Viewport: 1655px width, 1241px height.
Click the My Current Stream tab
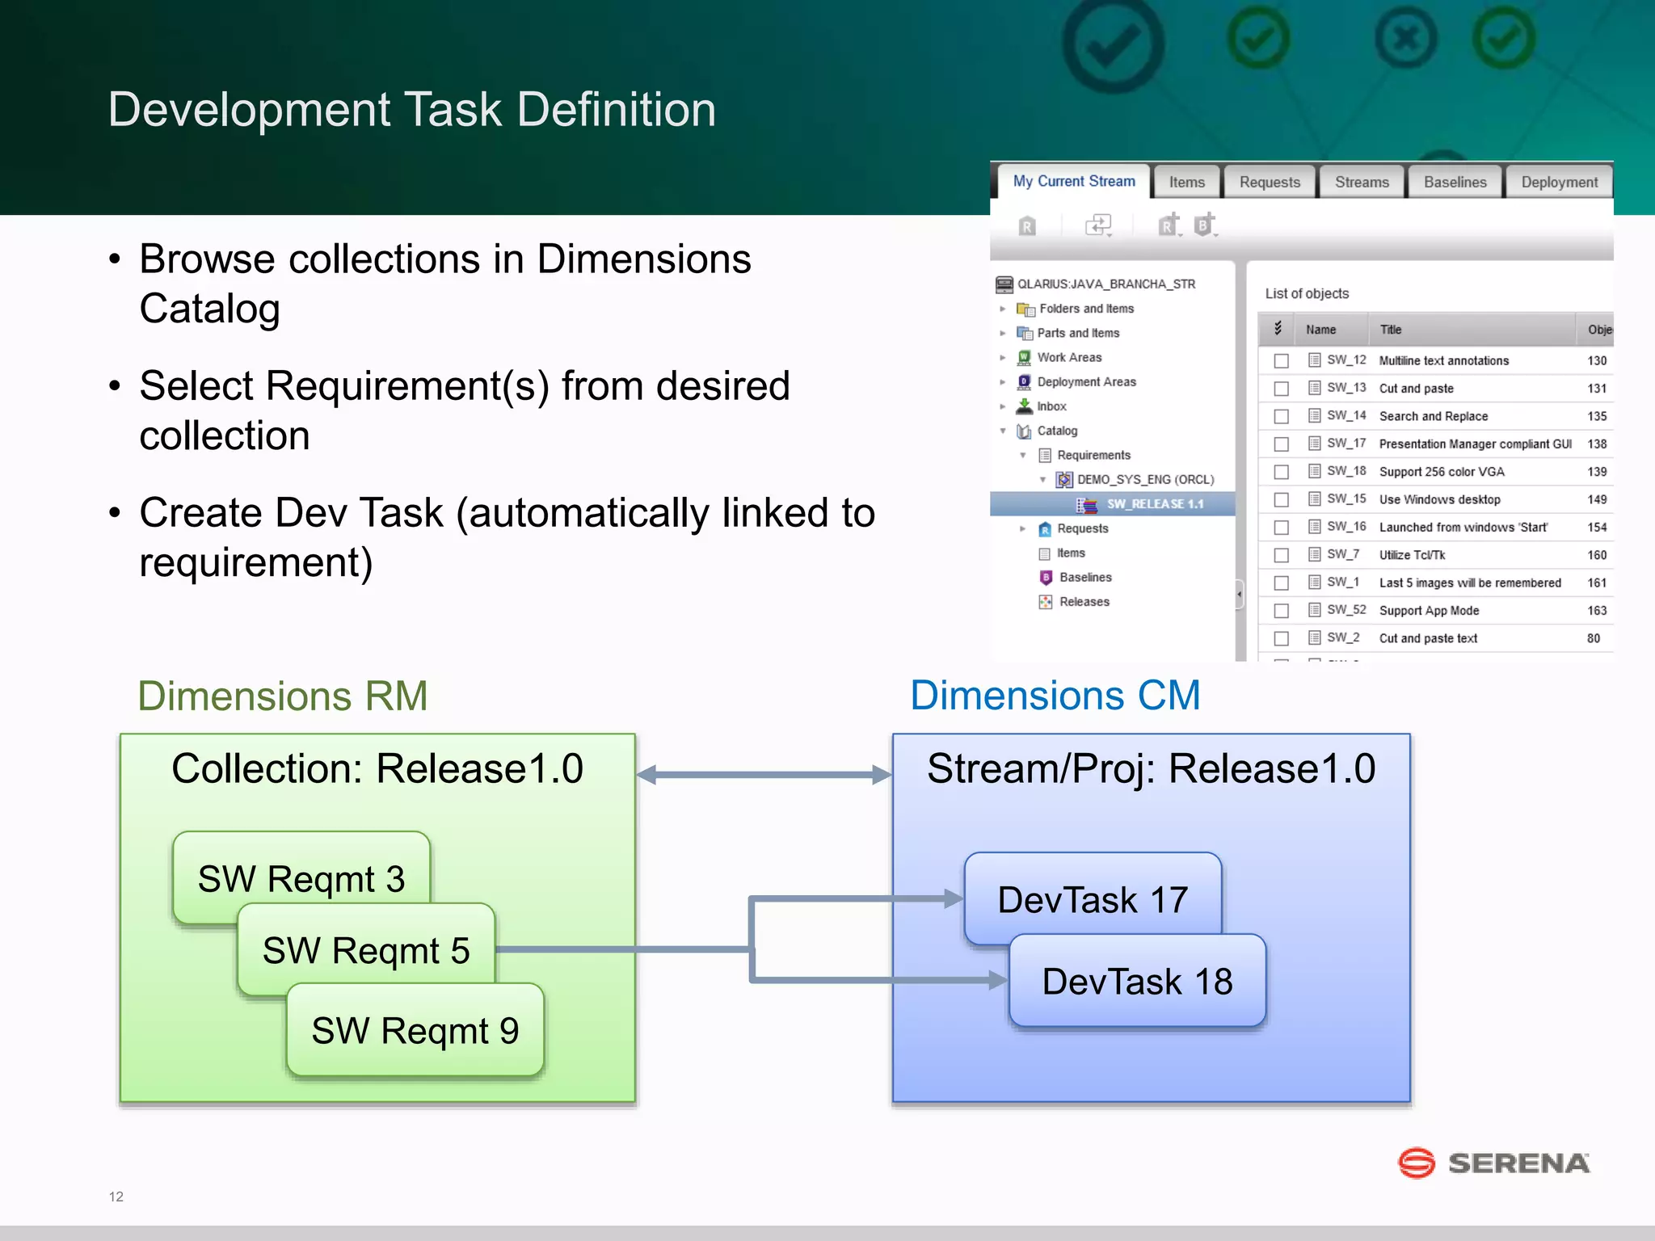click(1073, 182)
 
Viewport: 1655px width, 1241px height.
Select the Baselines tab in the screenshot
click(1455, 183)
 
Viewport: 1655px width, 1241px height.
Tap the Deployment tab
click(1559, 183)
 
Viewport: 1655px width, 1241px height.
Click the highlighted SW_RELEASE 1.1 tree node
click(1154, 504)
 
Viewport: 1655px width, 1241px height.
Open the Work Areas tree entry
click(1068, 357)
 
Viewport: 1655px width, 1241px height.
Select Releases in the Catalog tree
click(1084, 602)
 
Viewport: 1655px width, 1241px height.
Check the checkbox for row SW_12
click(1281, 361)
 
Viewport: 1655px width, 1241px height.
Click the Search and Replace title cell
click(1433, 416)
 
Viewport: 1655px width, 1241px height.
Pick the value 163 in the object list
click(1597, 611)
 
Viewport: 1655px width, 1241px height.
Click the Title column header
click(1390, 330)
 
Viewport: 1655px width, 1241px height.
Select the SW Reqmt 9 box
click(415, 1030)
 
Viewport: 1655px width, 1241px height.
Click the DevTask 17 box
click(1093, 898)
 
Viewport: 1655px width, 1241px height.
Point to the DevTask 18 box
click(1137, 982)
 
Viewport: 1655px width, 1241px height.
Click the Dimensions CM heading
click(1055, 696)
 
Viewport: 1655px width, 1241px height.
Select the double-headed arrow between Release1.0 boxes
click(764, 775)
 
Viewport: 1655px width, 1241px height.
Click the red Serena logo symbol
click(1416, 1163)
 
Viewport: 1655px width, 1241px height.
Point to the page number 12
click(116, 1197)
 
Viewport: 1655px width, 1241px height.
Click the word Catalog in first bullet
click(209, 309)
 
